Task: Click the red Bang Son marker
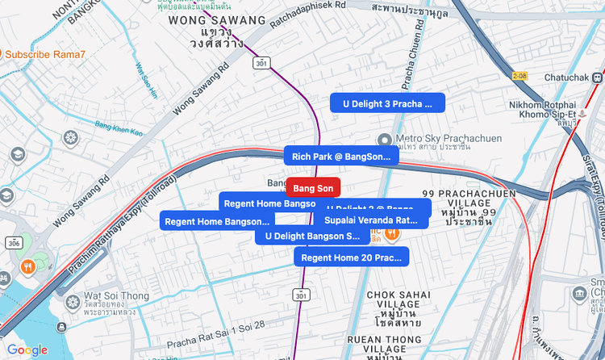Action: click(313, 188)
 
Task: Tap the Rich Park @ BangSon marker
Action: click(340, 157)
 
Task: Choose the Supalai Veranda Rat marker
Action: click(372, 220)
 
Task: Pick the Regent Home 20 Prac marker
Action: click(352, 257)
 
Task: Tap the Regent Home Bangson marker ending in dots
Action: click(217, 221)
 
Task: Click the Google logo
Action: click(27, 350)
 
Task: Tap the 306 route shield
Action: click(13, 242)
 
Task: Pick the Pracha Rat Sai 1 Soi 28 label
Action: click(215, 325)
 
